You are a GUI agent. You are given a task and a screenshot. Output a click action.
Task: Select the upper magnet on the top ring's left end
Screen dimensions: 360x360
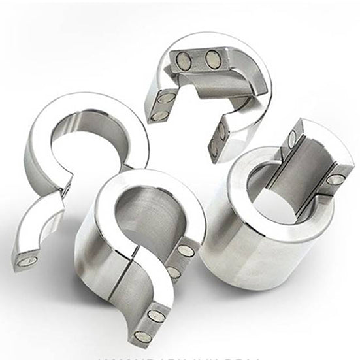click(166, 99)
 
